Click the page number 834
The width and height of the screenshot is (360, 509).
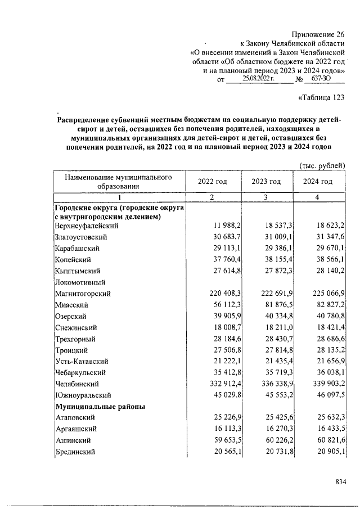tap(340, 482)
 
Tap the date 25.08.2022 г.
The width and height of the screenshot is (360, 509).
tap(258, 80)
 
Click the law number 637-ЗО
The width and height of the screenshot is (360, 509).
tap(323, 80)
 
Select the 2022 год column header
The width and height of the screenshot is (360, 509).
tap(212, 182)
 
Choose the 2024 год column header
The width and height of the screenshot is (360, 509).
tap(318, 182)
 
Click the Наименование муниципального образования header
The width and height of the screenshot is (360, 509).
tap(118, 182)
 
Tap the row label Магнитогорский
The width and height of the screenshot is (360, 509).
tap(82, 294)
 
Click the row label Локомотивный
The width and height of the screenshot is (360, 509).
tap(82, 282)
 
